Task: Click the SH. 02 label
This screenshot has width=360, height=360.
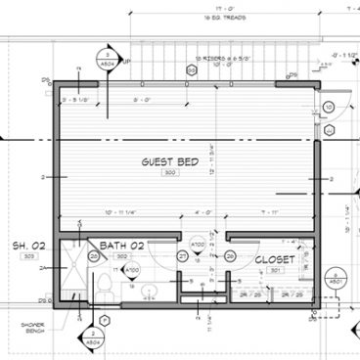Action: coord(28,244)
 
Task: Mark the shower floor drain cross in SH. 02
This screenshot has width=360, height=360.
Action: coord(71,274)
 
